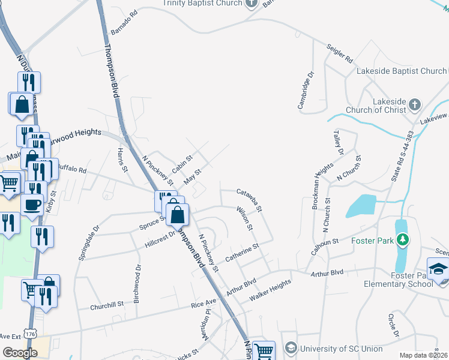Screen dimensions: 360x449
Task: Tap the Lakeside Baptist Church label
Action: pyautogui.click(x=401, y=71)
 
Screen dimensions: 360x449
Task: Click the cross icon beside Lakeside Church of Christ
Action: pyautogui.click(x=415, y=106)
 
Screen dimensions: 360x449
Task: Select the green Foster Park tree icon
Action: pyautogui.click(x=403, y=240)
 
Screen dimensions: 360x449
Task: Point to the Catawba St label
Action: pyautogui.click(x=250, y=200)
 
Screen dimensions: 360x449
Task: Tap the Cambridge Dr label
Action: pyautogui.click(x=306, y=91)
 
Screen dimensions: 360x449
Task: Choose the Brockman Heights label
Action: pyautogui.click(x=323, y=185)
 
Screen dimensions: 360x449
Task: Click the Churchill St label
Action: pyautogui.click(x=107, y=305)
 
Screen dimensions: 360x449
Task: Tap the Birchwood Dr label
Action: pyautogui.click(x=137, y=284)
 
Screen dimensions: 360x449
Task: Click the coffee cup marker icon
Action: pyautogui.click(x=32, y=204)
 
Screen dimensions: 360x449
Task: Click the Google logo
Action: pyautogui.click(x=20, y=353)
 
